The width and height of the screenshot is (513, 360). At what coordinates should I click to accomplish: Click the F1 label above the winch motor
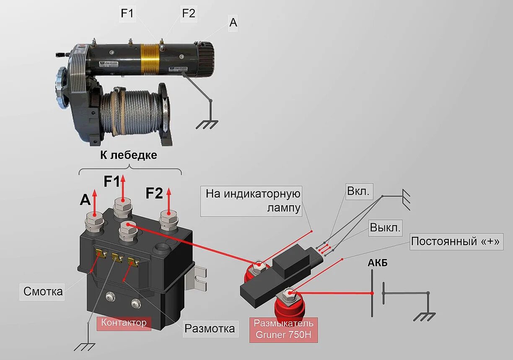(x=127, y=14)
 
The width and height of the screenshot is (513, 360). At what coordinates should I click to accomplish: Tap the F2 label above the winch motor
(x=189, y=13)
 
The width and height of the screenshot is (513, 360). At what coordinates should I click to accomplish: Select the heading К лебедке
(x=129, y=155)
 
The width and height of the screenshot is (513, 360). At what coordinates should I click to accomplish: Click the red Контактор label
(x=124, y=323)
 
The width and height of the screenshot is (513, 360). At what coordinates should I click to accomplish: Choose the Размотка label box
(x=210, y=328)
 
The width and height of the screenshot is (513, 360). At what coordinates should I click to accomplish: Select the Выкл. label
(x=385, y=228)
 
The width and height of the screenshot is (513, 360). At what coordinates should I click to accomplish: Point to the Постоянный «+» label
(x=456, y=242)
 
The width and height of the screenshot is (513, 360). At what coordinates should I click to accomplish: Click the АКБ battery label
(x=378, y=263)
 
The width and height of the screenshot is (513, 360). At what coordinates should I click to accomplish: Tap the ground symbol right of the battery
(x=424, y=316)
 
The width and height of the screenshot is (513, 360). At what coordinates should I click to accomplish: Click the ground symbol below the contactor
(x=85, y=347)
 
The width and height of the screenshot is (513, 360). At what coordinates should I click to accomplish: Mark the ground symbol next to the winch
(x=207, y=124)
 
